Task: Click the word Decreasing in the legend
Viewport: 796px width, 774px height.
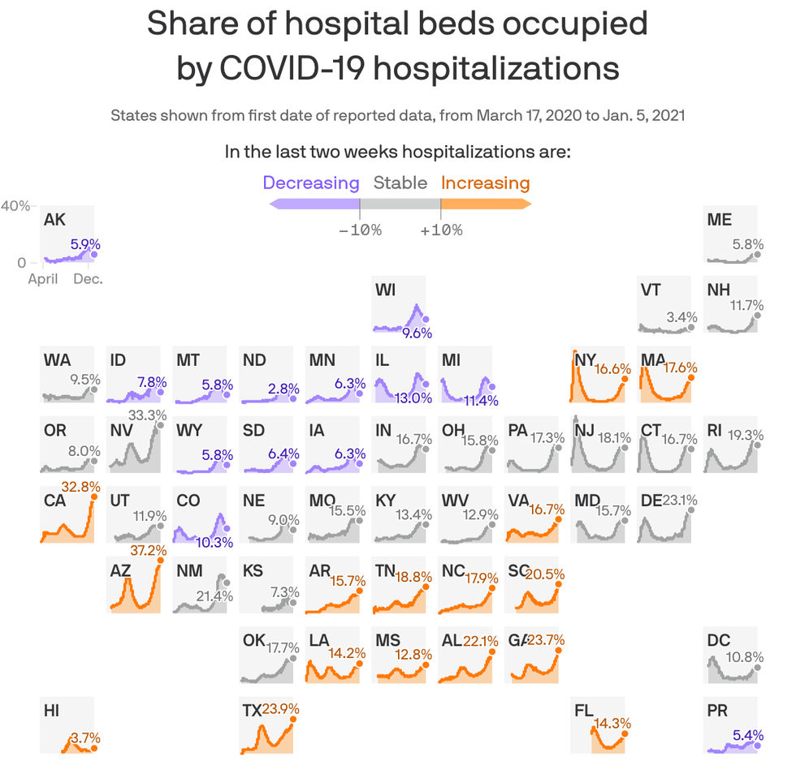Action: pos(311,183)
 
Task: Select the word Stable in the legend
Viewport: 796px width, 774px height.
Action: pos(400,183)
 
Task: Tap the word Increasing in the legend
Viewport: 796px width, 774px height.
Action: pos(485,183)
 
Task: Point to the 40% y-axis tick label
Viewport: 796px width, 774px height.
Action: pos(15,206)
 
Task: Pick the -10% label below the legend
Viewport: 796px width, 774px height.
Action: pos(360,230)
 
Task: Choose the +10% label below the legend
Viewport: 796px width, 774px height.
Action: pos(441,230)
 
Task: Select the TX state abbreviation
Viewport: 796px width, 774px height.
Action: pos(252,711)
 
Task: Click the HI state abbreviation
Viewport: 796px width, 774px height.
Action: pos(51,711)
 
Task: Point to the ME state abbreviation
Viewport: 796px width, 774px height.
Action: pos(719,219)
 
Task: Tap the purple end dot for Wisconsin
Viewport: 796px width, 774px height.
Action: pos(426,319)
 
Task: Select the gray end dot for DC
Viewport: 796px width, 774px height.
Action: pos(758,667)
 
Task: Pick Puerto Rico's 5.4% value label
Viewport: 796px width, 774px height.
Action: pos(747,736)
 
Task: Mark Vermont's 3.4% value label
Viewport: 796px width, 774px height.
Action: pos(681,316)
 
